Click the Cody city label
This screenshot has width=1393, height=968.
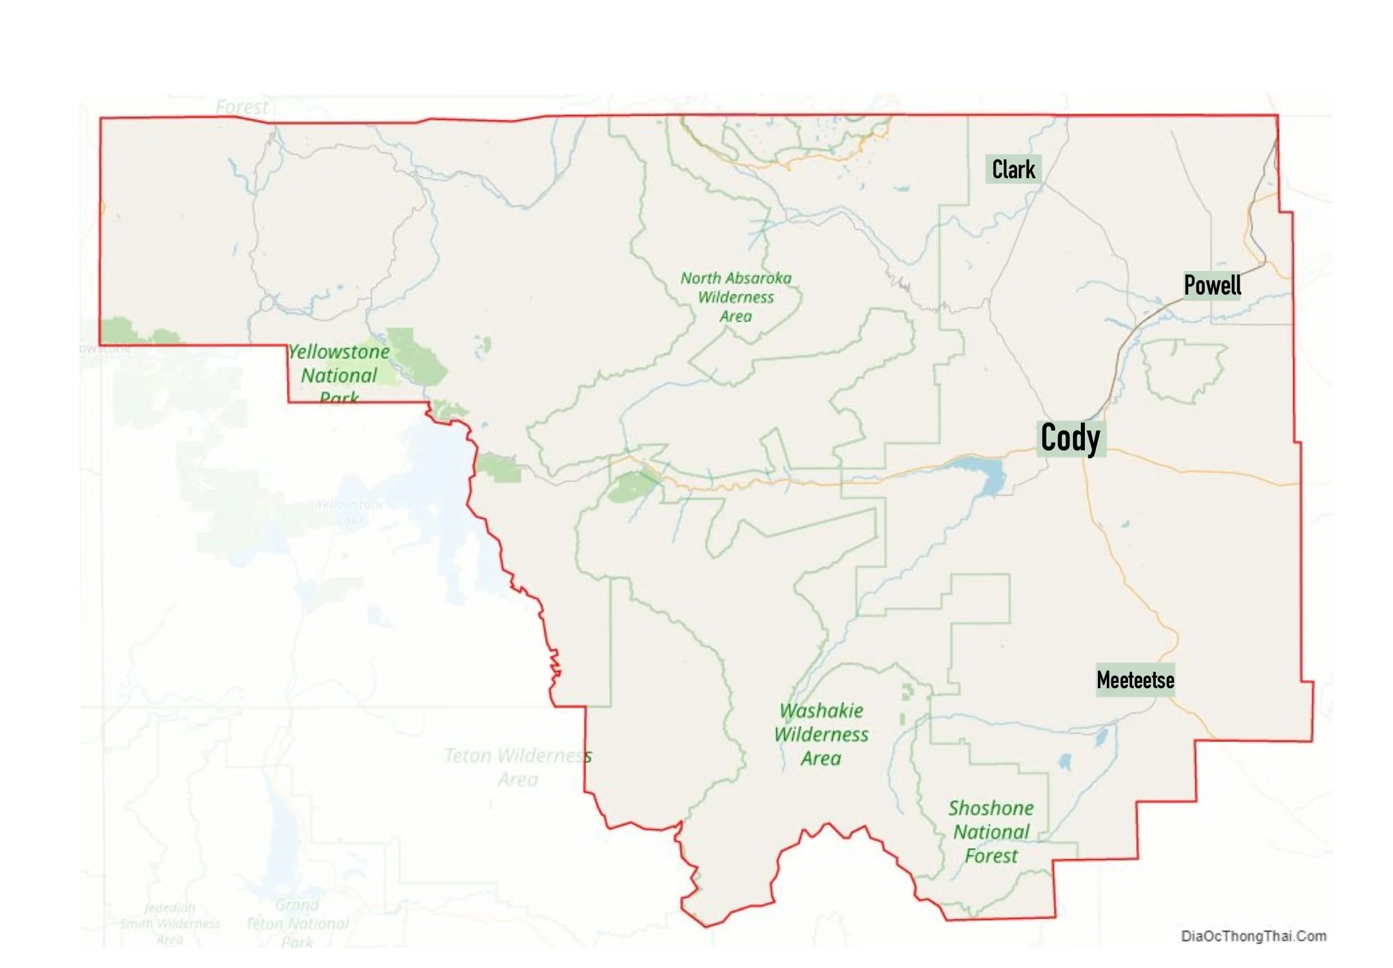point(1070,438)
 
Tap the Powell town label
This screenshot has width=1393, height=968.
point(1212,285)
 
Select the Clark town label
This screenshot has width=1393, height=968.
point(1013,170)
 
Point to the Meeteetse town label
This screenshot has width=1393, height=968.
point(1134,680)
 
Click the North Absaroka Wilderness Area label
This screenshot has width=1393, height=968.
point(735,297)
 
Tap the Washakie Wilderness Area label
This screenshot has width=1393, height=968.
point(821,734)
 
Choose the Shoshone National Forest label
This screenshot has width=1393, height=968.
point(991,832)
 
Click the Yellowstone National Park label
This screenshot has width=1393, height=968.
point(339,375)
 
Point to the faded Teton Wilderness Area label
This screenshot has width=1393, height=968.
point(518,767)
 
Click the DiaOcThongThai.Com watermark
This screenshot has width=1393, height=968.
point(1253,936)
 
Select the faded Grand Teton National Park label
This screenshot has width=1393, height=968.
point(297,924)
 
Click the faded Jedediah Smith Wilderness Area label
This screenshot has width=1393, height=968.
point(170,924)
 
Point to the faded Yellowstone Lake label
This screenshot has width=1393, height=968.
point(351,512)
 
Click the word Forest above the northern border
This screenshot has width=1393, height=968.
point(241,107)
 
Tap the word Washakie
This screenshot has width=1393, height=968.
point(821,711)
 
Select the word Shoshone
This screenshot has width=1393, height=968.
point(991,809)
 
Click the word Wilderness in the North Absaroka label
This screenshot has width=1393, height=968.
point(735,297)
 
